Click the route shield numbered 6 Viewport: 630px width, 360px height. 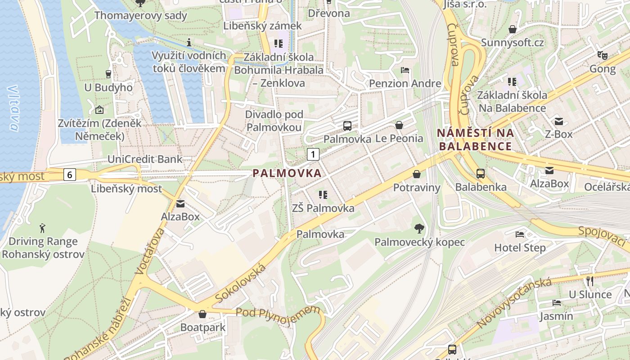69,174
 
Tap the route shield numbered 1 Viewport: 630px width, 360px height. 313,154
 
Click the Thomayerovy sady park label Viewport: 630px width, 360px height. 140,15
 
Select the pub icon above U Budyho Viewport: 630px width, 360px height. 108,74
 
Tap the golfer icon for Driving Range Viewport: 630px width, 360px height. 43,228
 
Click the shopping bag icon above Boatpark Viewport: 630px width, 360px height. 202,314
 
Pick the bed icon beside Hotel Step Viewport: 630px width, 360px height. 520,234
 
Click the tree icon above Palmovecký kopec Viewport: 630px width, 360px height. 419,229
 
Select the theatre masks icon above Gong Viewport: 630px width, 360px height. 603,55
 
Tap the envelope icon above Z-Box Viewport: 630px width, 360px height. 559,121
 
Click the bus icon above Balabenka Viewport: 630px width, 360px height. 481,173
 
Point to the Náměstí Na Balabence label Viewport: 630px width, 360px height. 475,139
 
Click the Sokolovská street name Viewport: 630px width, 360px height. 241,284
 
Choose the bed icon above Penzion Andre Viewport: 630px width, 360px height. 405,70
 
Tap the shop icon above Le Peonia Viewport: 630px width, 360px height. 399,125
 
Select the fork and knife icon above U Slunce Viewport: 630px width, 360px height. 590,281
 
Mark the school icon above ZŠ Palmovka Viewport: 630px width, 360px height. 323,195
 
